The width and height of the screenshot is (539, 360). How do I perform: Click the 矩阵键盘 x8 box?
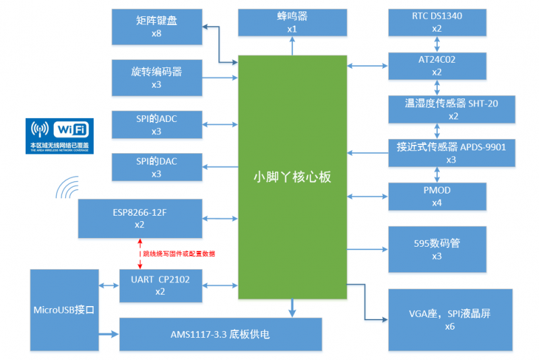coord(156,24)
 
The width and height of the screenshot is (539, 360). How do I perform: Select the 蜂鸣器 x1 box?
coord(292,23)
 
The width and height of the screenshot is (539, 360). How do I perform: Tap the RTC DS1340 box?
coord(437,22)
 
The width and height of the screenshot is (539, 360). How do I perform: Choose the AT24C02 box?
coord(437,65)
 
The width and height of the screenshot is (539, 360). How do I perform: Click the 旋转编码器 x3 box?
coord(156,77)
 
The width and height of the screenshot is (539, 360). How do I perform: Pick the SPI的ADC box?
coord(156,125)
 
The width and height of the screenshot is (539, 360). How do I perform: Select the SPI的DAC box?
coord(156,167)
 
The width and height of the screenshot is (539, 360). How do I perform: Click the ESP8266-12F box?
coord(140,218)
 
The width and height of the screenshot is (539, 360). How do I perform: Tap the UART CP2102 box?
coord(160,285)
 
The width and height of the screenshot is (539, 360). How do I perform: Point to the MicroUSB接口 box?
coord(64,309)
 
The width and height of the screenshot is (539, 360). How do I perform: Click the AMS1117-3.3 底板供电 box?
coord(220,334)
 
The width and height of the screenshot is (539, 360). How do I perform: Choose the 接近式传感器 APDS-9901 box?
coord(451,152)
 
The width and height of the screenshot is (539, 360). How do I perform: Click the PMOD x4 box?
coord(437,196)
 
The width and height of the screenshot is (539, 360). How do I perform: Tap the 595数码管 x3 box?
coord(437,249)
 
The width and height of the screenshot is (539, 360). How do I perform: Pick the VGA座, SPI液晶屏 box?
coord(450,320)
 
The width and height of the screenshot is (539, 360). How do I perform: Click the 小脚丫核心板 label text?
coord(292,177)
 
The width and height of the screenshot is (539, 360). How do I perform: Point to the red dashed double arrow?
coord(139,253)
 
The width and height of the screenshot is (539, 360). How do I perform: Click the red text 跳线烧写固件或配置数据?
coord(179,254)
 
